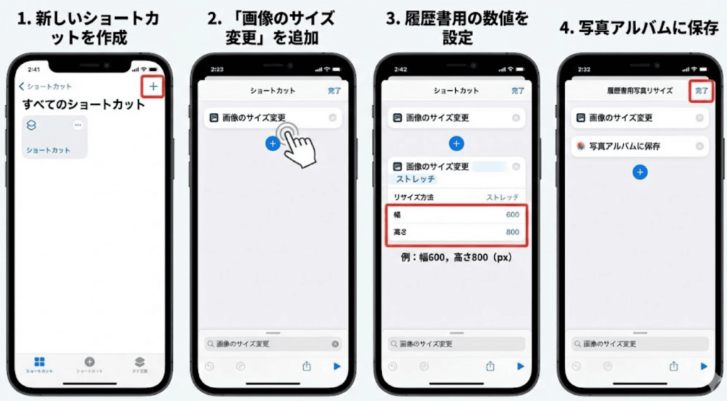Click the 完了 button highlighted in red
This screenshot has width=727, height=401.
pyautogui.click(x=701, y=91)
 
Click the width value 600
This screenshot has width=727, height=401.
pyautogui.click(x=512, y=214)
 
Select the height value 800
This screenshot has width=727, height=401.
pyautogui.click(x=512, y=232)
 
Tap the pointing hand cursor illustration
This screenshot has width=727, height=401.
pyautogui.click(x=298, y=145)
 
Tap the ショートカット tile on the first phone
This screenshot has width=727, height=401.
pyautogui.click(x=55, y=136)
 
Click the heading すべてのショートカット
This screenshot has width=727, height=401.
pyautogui.click(x=83, y=105)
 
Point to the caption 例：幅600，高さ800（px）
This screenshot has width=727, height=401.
pyautogui.click(x=455, y=257)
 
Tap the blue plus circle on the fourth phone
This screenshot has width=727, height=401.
pyautogui.click(x=640, y=172)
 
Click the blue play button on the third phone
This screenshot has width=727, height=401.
pyautogui.click(x=520, y=366)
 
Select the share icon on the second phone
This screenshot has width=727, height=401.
pyautogui.click(x=307, y=366)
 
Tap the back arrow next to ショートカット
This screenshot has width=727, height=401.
pyautogui.click(x=22, y=87)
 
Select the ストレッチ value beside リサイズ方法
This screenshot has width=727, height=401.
pyautogui.click(x=502, y=197)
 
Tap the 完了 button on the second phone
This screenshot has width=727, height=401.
pyautogui.click(x=334, y=91)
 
